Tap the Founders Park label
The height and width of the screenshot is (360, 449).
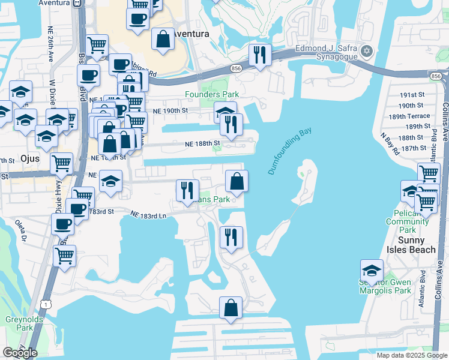(x=212, y=94)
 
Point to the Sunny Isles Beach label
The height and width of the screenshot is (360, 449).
(x=411, y=245)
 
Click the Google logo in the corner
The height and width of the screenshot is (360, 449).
(x=20, y=353)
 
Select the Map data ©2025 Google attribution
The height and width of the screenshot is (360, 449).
(x=411, y=355)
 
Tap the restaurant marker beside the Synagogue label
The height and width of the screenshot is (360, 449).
(x=260, y=56)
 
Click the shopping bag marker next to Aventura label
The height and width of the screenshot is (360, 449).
(x=163, y=39)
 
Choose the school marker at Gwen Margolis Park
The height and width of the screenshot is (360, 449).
(x=372, y=271)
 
